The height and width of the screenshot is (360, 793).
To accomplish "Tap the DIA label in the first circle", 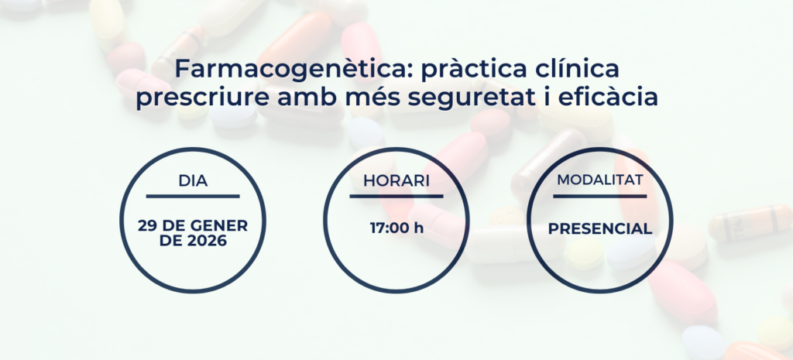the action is tap(193, 181).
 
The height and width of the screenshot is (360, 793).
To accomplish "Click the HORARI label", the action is tap(396, 181).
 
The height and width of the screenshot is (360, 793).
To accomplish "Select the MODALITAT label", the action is tap(600, 180).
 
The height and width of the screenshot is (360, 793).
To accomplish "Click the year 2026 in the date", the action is tap(207, 242).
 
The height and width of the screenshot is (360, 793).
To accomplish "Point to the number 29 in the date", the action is tap(147, 226).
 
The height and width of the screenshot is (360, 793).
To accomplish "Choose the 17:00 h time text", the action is tap(397, 228).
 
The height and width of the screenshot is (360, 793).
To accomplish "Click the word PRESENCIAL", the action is tap(600, 229).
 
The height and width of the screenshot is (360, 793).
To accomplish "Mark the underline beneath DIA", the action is tap(193, 196).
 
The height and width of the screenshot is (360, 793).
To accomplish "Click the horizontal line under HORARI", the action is tap(396, 196).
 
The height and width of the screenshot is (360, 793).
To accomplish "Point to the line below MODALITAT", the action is tap(600, 196).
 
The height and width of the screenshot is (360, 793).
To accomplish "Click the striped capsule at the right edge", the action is tap(750, 223).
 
